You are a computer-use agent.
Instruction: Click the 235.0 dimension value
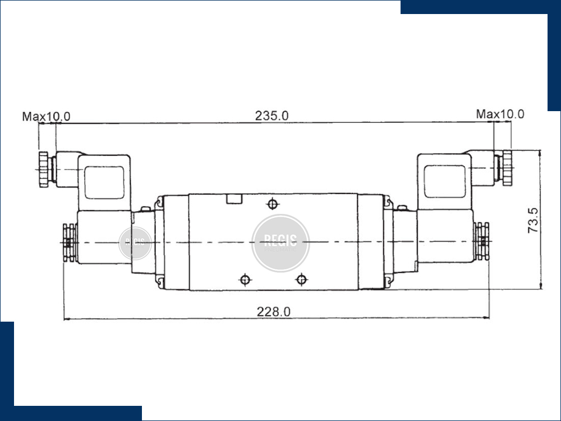click(x=272, y=116)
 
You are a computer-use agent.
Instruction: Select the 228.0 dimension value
click(x=274, y=312)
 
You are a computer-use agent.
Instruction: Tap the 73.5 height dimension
click(x=533, y=220)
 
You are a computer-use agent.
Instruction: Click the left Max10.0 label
click(x=46, y=116)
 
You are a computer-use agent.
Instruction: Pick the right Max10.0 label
click(x=500, y=114)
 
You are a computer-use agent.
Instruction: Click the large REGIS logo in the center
click(x=280, y=243)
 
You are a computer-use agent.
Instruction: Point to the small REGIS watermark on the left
click(x=135, y=243)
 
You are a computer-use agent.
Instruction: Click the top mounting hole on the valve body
click(x=273, y=204)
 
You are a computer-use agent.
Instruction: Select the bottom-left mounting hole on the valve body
click(x=245, y=279)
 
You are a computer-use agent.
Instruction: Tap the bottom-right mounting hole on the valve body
click(x=302, y=279)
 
